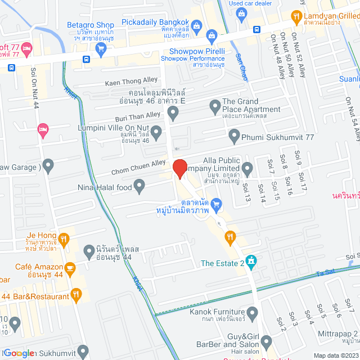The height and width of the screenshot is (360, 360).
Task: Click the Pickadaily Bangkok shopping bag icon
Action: point(196,25)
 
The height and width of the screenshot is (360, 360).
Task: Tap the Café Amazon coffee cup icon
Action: point(71,269)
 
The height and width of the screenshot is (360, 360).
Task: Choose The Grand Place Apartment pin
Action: point(214,105)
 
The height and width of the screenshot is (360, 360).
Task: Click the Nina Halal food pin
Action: point(140,186)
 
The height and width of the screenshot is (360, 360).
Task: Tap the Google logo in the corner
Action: point(18,353)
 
